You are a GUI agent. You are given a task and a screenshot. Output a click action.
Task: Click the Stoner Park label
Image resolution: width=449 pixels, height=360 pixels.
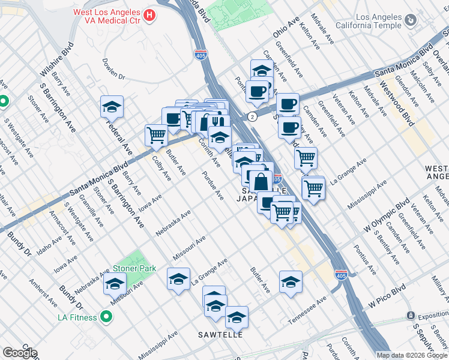tap(130, 268)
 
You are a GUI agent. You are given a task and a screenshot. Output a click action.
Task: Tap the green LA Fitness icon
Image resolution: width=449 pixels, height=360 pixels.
tap(106, 316)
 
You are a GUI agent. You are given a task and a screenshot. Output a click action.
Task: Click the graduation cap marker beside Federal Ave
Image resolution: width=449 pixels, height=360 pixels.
tap(112, 107)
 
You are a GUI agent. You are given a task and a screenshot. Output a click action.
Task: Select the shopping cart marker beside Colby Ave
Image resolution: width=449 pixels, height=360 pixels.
tap(156, 135)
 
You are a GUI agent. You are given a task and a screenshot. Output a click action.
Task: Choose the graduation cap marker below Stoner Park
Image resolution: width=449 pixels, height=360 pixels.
tap(115, 284)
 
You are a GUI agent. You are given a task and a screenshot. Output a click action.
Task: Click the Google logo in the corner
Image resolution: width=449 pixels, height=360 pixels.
tap(19, 353)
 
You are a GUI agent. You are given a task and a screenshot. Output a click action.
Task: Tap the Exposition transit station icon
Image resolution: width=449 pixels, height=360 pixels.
tap(411, 315)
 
